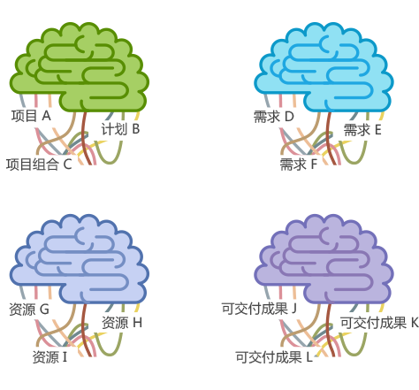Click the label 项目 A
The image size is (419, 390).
click(x=31, y=116)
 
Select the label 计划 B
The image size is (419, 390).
click(x=120, y=129)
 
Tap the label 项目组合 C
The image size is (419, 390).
click(x=39, y=164)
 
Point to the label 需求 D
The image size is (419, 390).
click(x=274, y=117)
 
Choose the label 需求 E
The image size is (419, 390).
click(x=362, y=130)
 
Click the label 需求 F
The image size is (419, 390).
click(x=299, y=164)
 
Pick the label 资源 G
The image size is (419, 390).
click(x=29, y=310)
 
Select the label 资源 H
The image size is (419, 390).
click(x=122, y=323)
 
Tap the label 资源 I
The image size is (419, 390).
click(x=50, y=357)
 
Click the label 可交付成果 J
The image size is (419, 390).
click(x=259, y=309)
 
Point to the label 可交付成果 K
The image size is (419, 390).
click(x=379, y=323)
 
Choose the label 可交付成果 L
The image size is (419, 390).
click(x=274, y=357)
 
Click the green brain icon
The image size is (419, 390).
click(x=80, y=67)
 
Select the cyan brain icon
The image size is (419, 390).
click(x=324, y=67)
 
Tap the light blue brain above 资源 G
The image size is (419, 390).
click(x=80, y=259)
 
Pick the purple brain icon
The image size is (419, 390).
click(x=324, y=259)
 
